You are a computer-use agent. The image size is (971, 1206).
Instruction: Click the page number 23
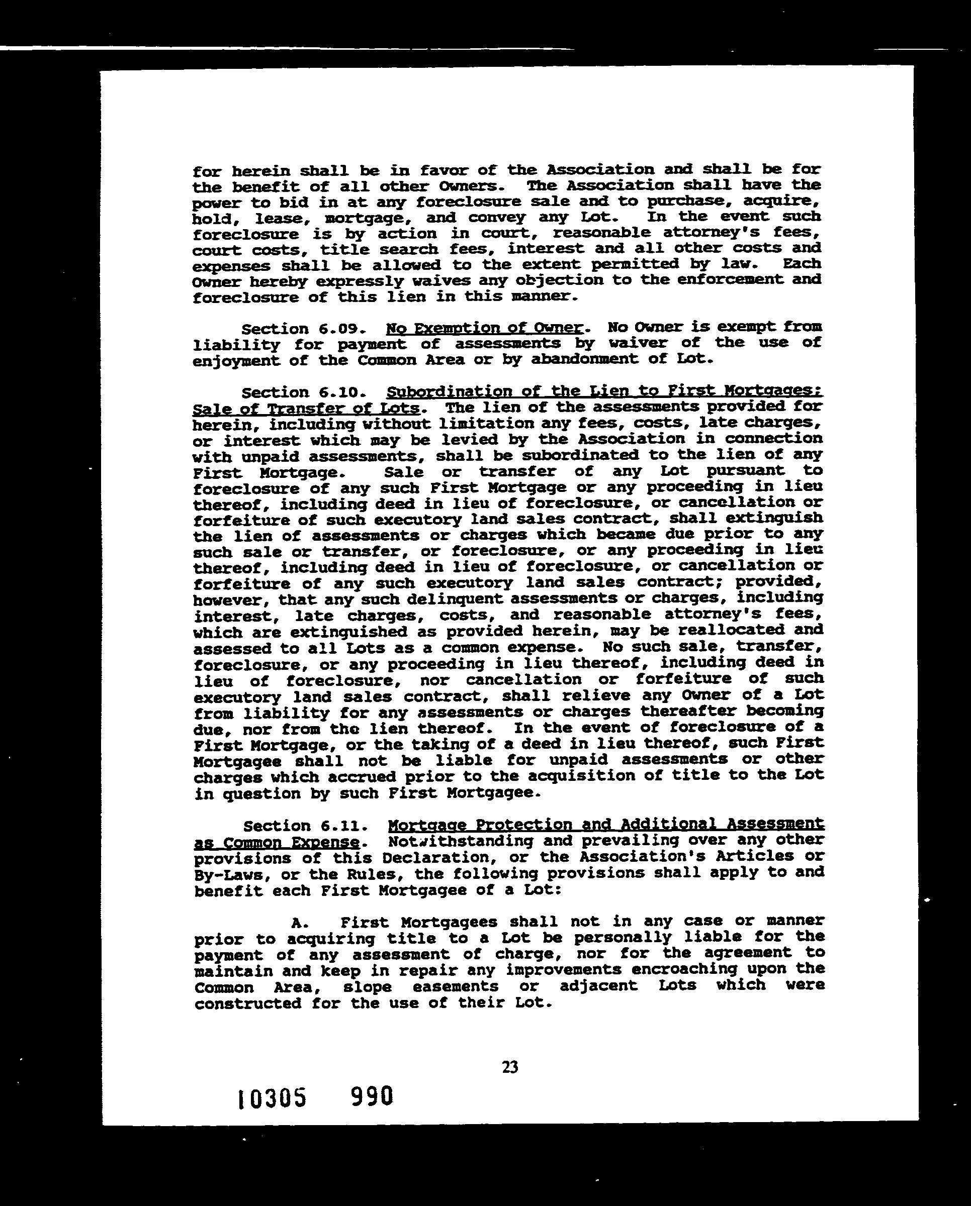[510, 1067]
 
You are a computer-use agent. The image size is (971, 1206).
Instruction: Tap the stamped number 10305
[272, 1098]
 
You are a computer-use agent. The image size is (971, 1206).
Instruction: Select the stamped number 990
[372, 1096]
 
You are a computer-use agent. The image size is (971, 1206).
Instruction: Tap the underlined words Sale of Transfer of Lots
[306, 408]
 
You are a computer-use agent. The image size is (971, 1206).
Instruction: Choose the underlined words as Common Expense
[277, 842]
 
